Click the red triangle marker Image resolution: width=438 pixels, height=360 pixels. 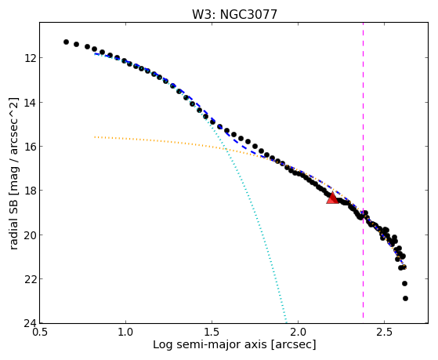pos(332,198)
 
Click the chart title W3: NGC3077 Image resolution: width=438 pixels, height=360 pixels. pos(234,15)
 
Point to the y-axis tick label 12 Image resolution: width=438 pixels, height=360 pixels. pos(30,58)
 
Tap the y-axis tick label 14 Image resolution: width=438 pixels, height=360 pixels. pos(30,103)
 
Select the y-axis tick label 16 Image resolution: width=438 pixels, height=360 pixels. pos(30,147)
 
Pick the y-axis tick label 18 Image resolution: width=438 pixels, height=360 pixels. pos(30,191)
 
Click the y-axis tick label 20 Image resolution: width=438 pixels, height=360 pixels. pos(30,235)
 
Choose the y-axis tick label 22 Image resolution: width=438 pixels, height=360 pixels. pos(30,279)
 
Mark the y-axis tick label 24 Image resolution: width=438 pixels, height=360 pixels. pos(30,323)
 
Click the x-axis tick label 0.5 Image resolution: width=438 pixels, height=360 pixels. pos(40,332)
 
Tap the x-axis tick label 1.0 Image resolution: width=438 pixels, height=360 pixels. pos(125,332)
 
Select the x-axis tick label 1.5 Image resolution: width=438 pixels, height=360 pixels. pos(212,332)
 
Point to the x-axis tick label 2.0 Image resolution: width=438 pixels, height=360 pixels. pos(299,332)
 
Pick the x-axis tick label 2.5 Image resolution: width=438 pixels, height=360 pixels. pos(385,332)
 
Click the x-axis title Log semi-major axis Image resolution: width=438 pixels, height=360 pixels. pos(210,345)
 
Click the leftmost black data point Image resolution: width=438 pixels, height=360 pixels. pos(66,42)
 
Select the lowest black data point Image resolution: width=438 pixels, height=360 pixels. pos(405,299)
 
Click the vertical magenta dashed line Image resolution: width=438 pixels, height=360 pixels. pos(363,170)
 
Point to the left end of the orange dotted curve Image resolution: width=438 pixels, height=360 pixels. pos(95,137)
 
